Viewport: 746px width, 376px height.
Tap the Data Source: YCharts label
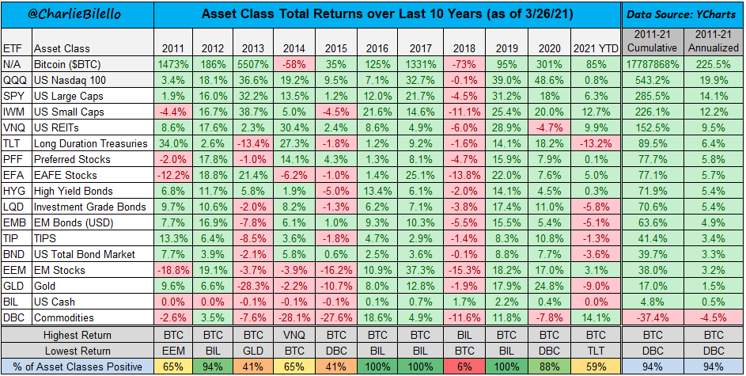click(x=682, y=13)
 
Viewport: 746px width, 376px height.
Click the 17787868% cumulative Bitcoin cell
click(x=653, y=65)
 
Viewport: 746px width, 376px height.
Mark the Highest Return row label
click(x=78, y=334)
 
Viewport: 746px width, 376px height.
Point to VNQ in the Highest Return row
click(x=297, y=334)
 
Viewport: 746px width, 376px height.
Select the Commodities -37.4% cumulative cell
click(x=653, y=318)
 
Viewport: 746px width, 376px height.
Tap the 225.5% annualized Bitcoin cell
click(x=714, y=65)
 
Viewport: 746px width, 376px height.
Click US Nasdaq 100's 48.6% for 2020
click(x=546, y=81)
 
